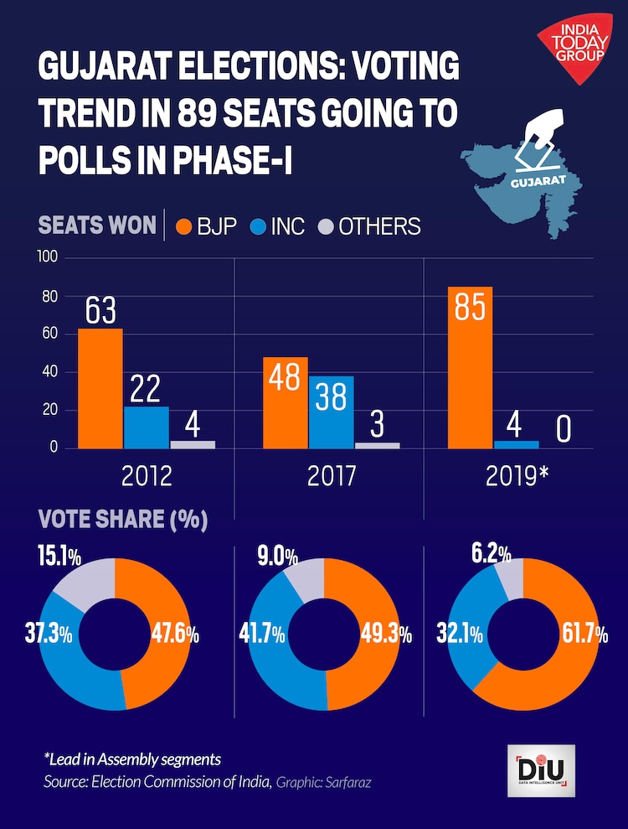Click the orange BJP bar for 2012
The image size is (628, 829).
100,388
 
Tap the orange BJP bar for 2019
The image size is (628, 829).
470,367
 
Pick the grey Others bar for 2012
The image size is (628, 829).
193,444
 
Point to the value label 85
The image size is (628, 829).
469,308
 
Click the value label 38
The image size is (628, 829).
332,396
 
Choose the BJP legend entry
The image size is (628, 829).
205,225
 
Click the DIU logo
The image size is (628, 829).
541,769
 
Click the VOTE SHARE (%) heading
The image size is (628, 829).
122,520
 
